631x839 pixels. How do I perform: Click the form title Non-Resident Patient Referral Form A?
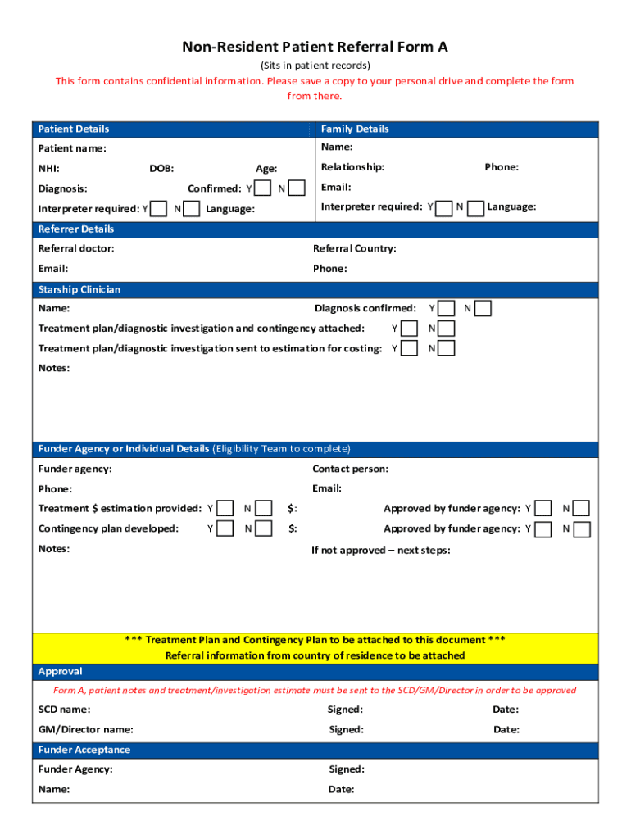[x=315, y=48]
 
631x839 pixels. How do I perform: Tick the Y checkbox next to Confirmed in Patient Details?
[x=263, y=188]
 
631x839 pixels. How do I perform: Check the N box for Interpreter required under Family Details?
[x=475, y=207]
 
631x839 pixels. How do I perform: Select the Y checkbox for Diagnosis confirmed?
[x=447, y=309]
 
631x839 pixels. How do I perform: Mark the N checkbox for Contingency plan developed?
[x=263, y=529]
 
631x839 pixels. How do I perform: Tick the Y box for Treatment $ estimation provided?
[x=225, y=509]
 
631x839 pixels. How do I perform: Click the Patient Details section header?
[x=74, y=129]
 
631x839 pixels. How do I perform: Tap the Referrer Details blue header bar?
[x=76, y=229]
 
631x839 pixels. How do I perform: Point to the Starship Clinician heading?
[x=79, y=290]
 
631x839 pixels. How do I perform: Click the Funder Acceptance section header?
[x=84, y=751]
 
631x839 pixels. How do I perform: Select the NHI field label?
[x=48, y=169]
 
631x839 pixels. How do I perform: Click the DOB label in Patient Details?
[x=161, y=169]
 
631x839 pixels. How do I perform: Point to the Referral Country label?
[x=354, y=249]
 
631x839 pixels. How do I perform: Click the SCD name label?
[x=64, y=710]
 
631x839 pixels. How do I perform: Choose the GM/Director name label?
[x=86, y=730]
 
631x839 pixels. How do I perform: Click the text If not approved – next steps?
[x=380, y=551]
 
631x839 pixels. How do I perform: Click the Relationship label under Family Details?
[x=352, y=167]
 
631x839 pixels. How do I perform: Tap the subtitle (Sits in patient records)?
[x=315, y=66]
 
